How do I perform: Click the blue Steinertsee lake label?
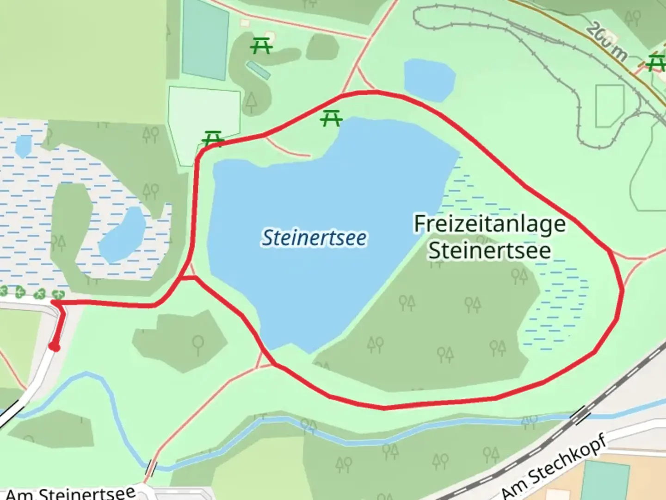(314, 238)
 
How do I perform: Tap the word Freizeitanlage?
(489, 224)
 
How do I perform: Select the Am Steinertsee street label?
(70, 493)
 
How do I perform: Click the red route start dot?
(55, 347)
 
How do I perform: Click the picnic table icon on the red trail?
(213, 138)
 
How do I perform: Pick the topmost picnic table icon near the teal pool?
(261, 45)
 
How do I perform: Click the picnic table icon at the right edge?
(656, 62)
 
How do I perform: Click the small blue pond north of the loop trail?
(429, 79)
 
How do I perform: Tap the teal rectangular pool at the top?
(205, 39)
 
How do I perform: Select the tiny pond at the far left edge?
(23, 146)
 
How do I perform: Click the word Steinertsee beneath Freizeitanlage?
(489, 250)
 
